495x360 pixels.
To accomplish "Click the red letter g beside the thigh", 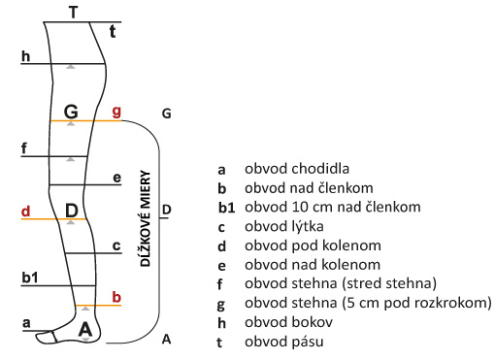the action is (116, 112).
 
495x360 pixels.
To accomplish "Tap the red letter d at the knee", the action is (25, 212).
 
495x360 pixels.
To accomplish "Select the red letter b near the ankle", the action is (116, 297).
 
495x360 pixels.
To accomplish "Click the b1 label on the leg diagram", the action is (30, 278).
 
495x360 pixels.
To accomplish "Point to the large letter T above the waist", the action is (74, 13).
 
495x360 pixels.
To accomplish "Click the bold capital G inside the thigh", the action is (71, 112).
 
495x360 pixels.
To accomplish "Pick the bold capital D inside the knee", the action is (72, 211).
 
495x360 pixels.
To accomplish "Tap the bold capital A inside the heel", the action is (85, 329).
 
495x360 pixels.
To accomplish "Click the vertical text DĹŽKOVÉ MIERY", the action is (146, 218).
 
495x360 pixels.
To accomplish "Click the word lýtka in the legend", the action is (308, 226).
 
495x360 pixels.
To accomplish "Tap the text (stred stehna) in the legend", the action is (389, 283).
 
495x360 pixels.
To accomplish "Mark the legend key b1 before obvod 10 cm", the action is (226, 208).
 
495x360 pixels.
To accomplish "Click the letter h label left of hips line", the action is (25, 56).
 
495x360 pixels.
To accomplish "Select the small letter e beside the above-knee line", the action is (116, 178).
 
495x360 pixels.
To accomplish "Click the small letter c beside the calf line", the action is (116, 245).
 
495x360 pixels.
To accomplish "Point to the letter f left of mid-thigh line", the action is (24, 148).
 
